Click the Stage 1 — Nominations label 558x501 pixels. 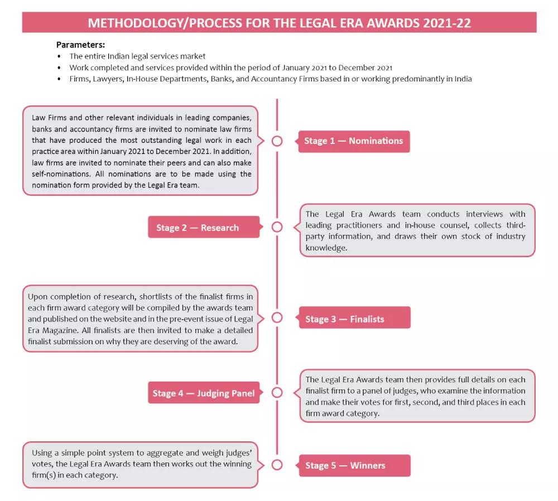point(353,141)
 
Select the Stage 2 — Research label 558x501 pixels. point(198,228)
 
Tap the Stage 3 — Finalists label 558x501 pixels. point(345,319)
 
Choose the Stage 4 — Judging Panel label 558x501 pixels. point(204,393)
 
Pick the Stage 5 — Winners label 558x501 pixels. point(345,465)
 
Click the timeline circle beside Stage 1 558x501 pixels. point(277,141)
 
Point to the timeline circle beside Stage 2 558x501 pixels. point(277,227)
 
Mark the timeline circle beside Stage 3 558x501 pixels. point(277,317)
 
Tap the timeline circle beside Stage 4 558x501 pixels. point(277,393)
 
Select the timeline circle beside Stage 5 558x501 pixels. point(277,465)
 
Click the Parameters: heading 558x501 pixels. point(80,45)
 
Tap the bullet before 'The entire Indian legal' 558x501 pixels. point(59,56)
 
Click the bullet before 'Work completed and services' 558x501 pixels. point(59,68)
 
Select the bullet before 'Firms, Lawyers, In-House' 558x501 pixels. point(59,79)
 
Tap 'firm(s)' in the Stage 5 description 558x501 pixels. point(45,476)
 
